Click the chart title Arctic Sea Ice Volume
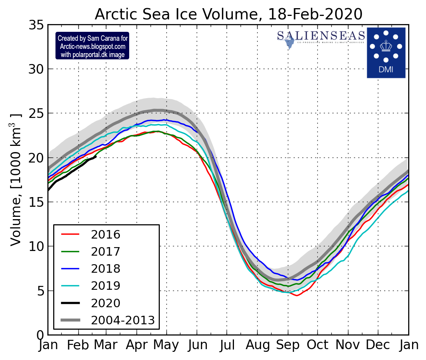coord(229,14)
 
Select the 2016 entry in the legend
coord(106,235)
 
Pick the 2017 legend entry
coord(106,252)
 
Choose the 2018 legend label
coord(106,269)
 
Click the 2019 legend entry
coord(106,286)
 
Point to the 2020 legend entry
coord(106,303)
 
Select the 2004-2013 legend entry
coord(123,320)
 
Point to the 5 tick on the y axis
coord(40,291)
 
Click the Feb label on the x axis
coord(78,345)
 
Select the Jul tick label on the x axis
coord(227,345)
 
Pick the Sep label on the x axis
coord(287,345)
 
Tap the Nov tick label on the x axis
coord(348,345)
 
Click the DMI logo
coord(386,52)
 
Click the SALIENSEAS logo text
coord(321,36)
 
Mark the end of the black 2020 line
coord(95,157)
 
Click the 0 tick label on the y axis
coord(40,335)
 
